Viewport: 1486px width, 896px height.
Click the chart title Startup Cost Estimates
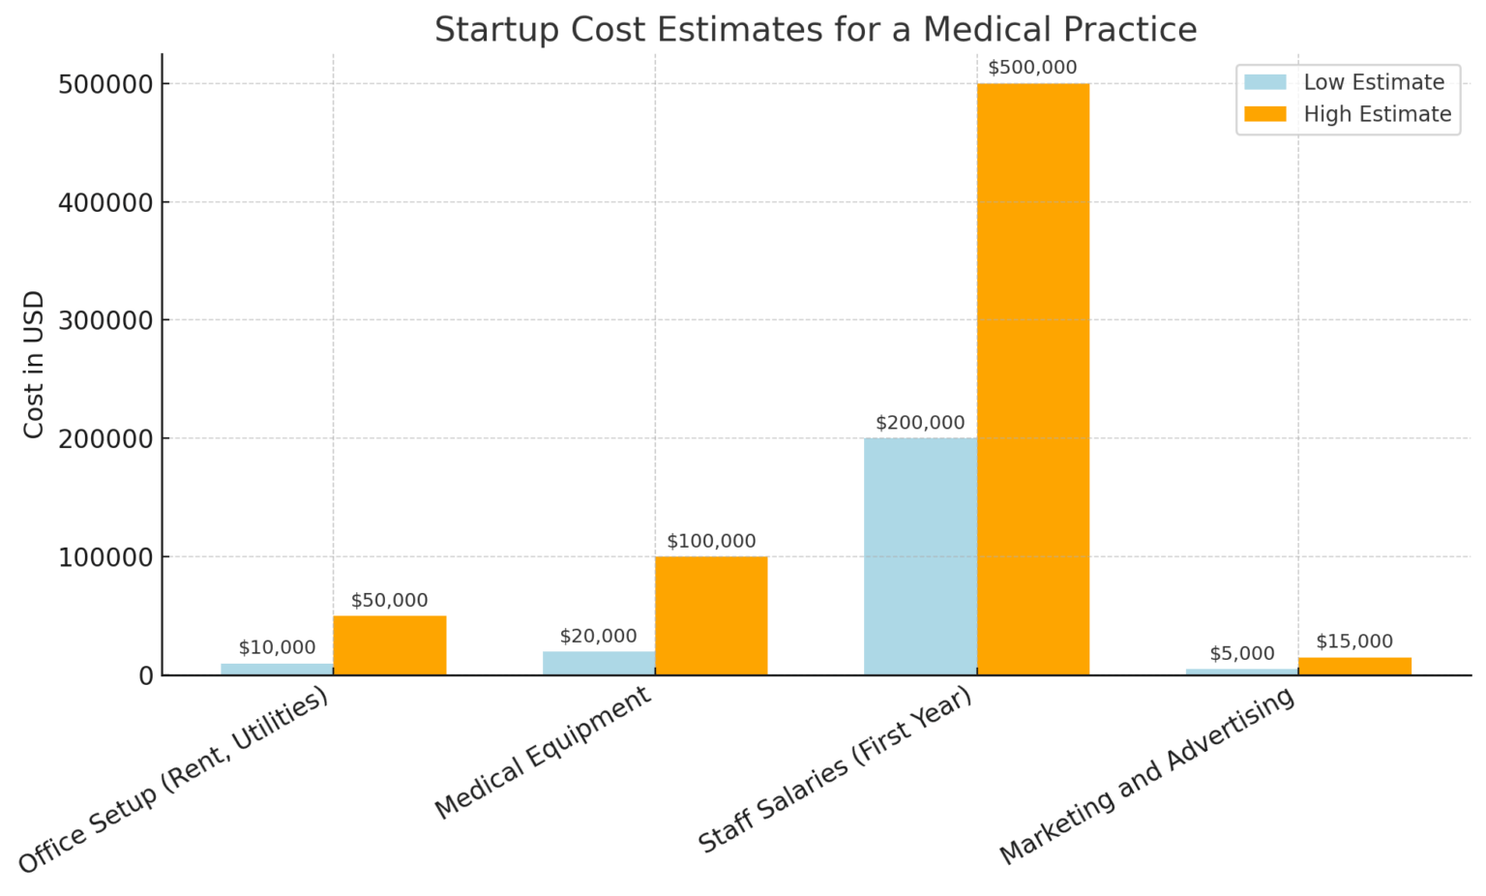click(x=815, y=30)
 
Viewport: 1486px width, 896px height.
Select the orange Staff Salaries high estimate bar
click(x=1032, y=378)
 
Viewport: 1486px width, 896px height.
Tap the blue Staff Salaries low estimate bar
click(x=919, y=555)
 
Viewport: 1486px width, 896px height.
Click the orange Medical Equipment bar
click(x=711, y=615)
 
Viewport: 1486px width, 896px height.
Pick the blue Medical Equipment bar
click(x=598, y=663)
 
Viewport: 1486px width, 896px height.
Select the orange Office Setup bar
click(x=389, y=644)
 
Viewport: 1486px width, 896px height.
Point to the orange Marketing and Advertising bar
click(x=1353, y=666)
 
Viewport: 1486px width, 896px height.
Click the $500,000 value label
click(x=1032, y=68)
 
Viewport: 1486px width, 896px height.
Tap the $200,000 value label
click(x=919, y=423)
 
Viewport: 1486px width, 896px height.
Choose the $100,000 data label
click(x=711, y=541)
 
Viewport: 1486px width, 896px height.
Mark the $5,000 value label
click(x=1241, y=654)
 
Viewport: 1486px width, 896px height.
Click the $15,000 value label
click(x=1353, y=642)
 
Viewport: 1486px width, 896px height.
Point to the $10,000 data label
click(x=277, y=647)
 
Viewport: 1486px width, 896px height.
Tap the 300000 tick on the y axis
click(x=105, y=320)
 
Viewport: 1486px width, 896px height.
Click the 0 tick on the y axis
click(x=145, y=675)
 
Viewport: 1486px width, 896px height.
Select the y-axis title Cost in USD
click(x=34, y=364)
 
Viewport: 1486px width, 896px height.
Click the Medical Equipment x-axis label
click(x=543, y=753)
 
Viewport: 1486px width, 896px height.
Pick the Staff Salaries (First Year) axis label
click(x=834, y=771)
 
